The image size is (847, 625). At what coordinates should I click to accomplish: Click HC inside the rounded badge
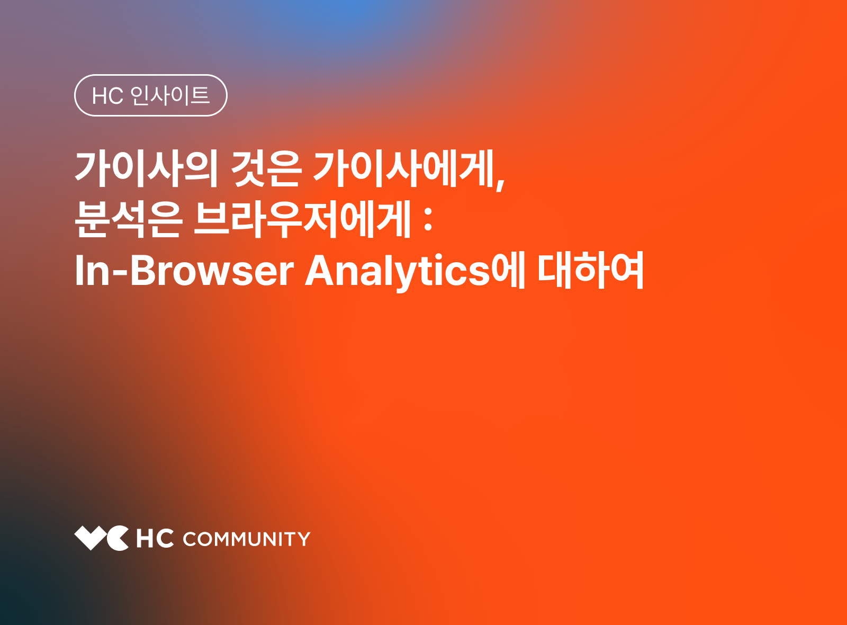(107, 96)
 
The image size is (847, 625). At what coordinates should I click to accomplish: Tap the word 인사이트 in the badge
(170, 95)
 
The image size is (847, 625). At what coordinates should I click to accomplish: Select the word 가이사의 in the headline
(146, 168)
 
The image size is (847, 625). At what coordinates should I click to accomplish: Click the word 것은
(266, 168)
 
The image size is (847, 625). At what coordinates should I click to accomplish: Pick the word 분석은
(129, 219)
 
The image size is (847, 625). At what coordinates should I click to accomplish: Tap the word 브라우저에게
(302, 219)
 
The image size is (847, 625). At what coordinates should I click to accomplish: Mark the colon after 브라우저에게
(428, 220)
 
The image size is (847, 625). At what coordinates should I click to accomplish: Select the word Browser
(212, 271)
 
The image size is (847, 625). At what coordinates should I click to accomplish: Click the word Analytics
(398, 271)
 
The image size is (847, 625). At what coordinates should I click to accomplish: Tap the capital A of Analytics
(321, 271)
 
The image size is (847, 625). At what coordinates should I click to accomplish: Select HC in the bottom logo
(155, 539)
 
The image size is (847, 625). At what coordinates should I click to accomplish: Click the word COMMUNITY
(247, 539)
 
